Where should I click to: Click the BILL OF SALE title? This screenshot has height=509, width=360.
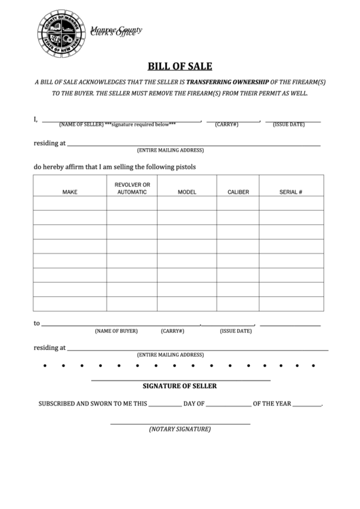[x=180, y=67]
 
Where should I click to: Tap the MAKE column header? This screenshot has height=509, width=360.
[x=70, y=192]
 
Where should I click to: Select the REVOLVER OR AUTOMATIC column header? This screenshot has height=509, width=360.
[x=132, y=188]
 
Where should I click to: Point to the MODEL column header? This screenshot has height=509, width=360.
[x=187, y=192]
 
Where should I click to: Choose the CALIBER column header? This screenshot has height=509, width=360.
[x=238, y=192]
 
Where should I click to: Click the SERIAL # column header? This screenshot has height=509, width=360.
[x=291, y=192]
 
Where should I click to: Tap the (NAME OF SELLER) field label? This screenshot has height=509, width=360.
[x=81, y=125]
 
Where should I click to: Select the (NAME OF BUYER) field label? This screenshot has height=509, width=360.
[x=116, y=331]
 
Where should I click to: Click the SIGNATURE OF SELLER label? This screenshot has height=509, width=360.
[x=180, y=386]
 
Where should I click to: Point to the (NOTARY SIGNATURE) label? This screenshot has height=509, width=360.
[x=180, y=429]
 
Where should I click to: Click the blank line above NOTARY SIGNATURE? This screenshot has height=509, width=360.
[x=180, y=424]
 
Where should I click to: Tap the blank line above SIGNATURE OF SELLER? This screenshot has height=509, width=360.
[x=180, y=380]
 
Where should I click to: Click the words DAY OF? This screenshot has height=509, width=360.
[x=194, y=404]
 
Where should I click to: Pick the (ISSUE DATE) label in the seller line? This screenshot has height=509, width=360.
[x=289, y=125]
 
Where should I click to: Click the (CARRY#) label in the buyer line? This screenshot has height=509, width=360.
[x=173, y=331]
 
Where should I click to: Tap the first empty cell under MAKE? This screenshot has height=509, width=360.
[x=70, y=203]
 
